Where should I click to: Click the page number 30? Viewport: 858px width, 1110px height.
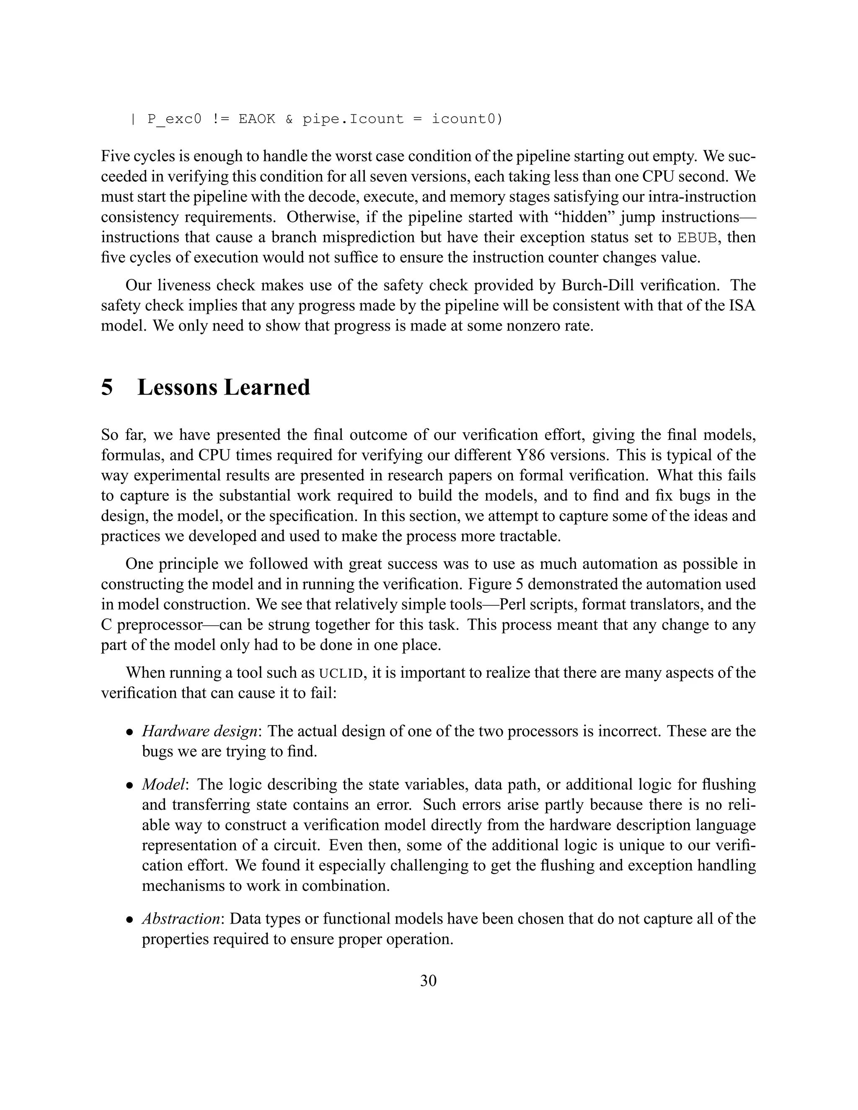pyautogui.click(x=428, y=981)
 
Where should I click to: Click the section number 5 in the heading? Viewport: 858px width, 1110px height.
pyautogui.click(x=107, y=387)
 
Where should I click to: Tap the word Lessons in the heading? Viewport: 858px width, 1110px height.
pyautogui.click(x=176, y=387)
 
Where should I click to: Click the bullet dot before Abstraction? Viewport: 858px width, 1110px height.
pyautogui.click(x=130, y=920)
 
